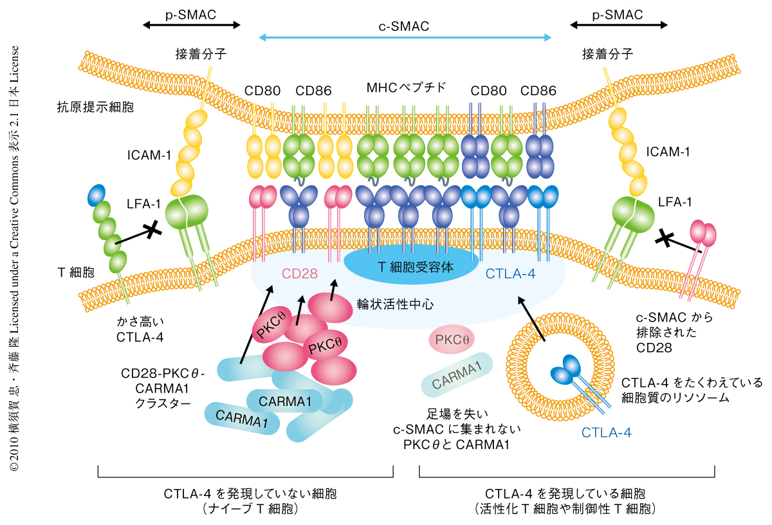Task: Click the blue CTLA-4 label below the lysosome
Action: pyautogui.click(x=607, y=432)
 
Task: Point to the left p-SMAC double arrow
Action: pyautogui.click(x=191, y=25)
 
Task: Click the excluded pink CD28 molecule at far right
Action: pyautogui.click(x=702, y=235)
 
